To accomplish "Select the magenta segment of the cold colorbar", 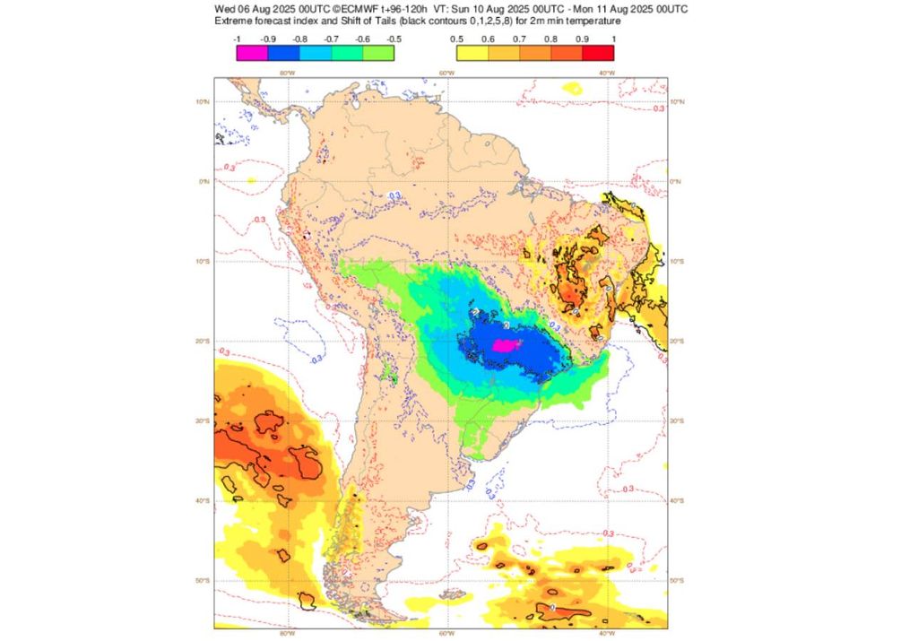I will pyautogui.click(x=251, y=53).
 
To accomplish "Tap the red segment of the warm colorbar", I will pyautogui.click(x=599, y=53).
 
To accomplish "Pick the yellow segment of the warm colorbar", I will pyautogui.click(x=472, y=53).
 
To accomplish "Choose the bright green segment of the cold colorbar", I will pyautogui.click(x=378, y=53).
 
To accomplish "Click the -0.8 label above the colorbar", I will pyautogui.click(x=299, y=39).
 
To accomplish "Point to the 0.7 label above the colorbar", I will pyautogui.click(x=519, y=39).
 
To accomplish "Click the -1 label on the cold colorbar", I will pyautogui.click(x=236, y=39).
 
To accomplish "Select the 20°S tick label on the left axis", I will pyautogui.click(x=204, y=342).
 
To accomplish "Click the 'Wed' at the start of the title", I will pyautogui.click(x=224, y=8).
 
